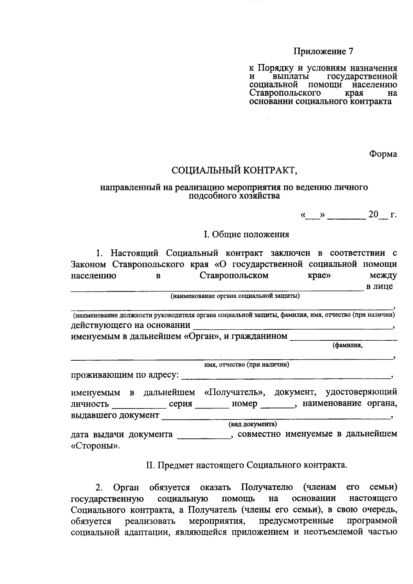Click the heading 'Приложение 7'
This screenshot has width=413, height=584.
tap(323, 52)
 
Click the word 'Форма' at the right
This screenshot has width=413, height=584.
tap(383, 154)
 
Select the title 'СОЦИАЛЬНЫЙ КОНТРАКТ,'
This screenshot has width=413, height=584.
tap(234, 170)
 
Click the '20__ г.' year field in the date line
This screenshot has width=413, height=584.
tap(382, 215)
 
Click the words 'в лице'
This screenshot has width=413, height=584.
tap(379, 286)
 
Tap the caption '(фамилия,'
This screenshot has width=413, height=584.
tap(347, 346)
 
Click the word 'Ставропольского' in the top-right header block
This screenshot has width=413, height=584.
tap(285, 94)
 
